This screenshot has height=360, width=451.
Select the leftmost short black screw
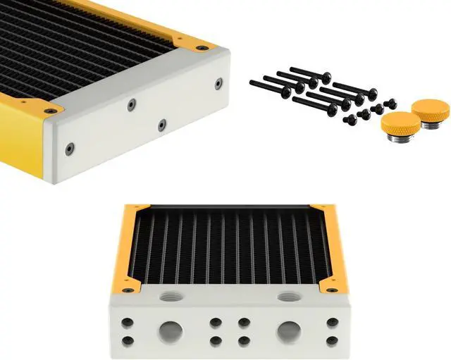pos(349,120)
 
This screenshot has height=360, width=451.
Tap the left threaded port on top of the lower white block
pos(168,297)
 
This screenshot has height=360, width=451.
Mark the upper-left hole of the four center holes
pos(215,322)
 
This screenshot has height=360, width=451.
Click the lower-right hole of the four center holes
pos(244,341)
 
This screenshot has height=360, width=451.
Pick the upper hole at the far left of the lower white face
pos(128,323)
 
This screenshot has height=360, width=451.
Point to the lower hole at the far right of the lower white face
pos(332,342)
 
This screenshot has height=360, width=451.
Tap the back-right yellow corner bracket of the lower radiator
pos(321,209)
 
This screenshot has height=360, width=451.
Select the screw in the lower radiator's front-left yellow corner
pos(127,290)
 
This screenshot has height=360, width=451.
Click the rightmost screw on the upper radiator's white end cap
pos(218,83)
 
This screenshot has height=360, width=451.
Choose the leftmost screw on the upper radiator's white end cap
pos(69,149)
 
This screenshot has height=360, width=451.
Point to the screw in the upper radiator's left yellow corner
pos(49,111)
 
